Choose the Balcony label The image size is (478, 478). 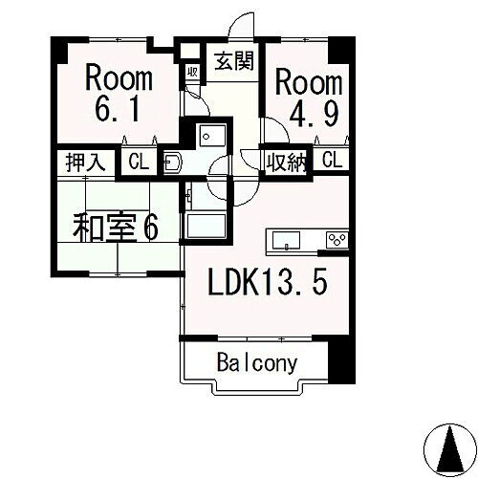click(256, 363)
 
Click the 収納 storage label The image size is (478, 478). click(286, 161)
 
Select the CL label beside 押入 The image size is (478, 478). click(139, 161)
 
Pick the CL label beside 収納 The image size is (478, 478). click(332, 161)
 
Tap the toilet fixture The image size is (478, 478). click(174, 162)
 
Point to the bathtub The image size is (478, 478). click(205, 227)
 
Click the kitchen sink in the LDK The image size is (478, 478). click(288, 239)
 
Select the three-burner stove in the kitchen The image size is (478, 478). click(336, 239)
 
